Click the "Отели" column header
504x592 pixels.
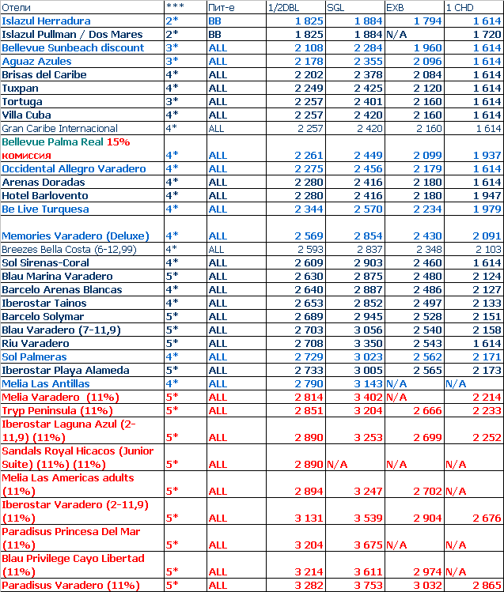[x=16, y=7]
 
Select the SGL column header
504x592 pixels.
[x=336, y=7]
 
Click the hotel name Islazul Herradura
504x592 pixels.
[x=46, y=21]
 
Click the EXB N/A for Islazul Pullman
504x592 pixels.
[x=398, y=34]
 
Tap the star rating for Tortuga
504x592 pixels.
[x=172, y=101]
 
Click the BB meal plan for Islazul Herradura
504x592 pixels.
[x=214, y=21]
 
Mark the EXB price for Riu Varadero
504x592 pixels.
[x=426, y=344]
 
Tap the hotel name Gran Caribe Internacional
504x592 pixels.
[x=59, y=128]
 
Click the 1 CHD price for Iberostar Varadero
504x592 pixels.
[x=484, y=518]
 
